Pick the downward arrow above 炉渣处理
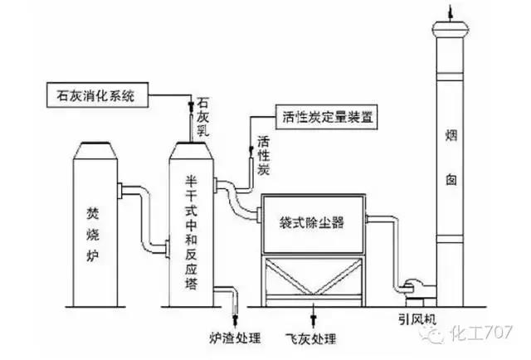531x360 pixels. click(x=235, y=316)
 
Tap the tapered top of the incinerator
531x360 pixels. click(x=96, y=149)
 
